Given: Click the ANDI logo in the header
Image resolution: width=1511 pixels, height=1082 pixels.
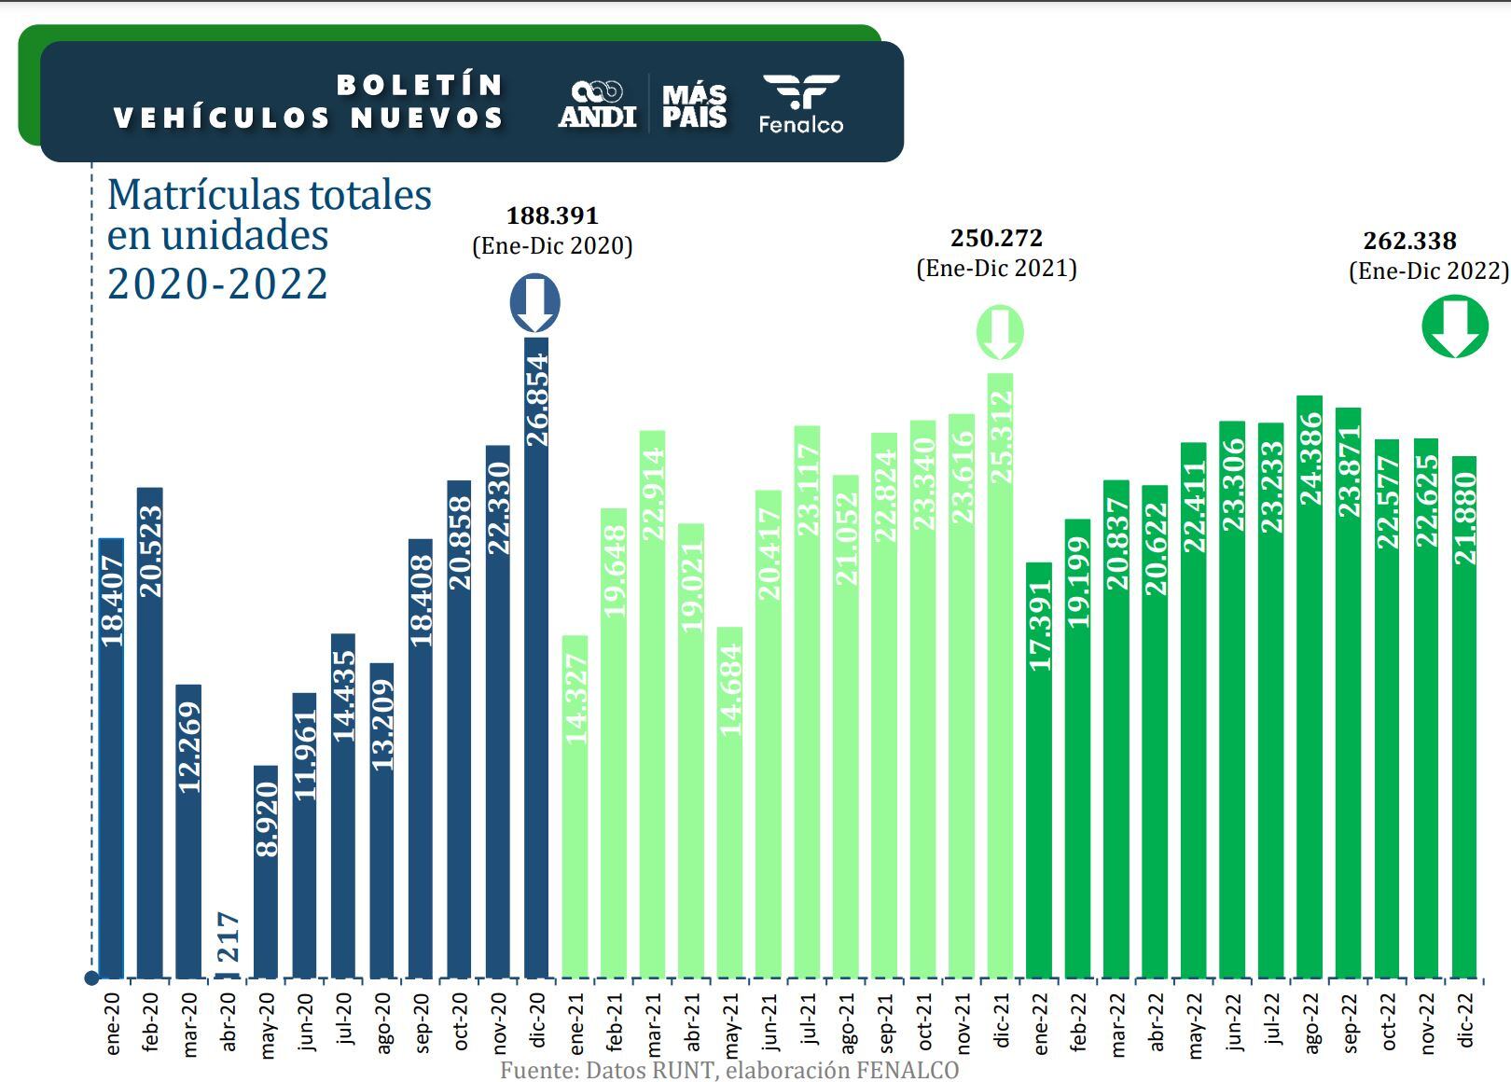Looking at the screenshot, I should pos(597,103).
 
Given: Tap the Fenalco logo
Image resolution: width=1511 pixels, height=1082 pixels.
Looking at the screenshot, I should pos(800,104).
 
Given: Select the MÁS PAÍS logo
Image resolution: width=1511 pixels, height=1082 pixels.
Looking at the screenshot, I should pos(694,104).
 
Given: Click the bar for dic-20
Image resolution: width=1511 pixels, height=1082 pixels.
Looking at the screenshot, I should pos(536,658).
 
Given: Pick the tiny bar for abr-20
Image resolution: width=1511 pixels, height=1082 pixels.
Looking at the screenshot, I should pos(227,975).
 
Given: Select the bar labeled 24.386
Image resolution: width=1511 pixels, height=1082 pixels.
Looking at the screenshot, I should pos(1310,687).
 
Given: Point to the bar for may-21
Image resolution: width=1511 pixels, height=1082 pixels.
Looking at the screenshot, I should pos(729,802).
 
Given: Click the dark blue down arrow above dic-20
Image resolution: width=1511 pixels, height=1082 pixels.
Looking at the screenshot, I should pos(534,303).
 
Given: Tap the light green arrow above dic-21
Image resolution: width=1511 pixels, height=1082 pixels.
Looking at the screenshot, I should pos(1000,332).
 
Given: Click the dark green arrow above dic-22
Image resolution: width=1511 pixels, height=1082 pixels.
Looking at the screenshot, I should pos(1454,326).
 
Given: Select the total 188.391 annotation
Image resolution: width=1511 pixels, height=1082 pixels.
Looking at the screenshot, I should pos(552,215).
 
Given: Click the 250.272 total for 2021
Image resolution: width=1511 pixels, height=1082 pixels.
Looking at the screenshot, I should pos(996,238).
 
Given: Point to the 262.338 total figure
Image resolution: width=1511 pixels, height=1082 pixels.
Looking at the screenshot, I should pos(1409,241).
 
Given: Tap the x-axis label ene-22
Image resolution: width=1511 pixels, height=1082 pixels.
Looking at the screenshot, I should pos(1039,1024).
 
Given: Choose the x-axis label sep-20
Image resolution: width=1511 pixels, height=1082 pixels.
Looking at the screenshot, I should pos(420,1024).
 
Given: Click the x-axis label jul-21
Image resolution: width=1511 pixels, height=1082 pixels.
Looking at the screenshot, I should pos(808,1024).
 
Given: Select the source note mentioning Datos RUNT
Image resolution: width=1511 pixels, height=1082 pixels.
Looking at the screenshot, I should pos(728,1069).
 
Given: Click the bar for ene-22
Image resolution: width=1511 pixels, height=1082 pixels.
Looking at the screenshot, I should pos(1039,770).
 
